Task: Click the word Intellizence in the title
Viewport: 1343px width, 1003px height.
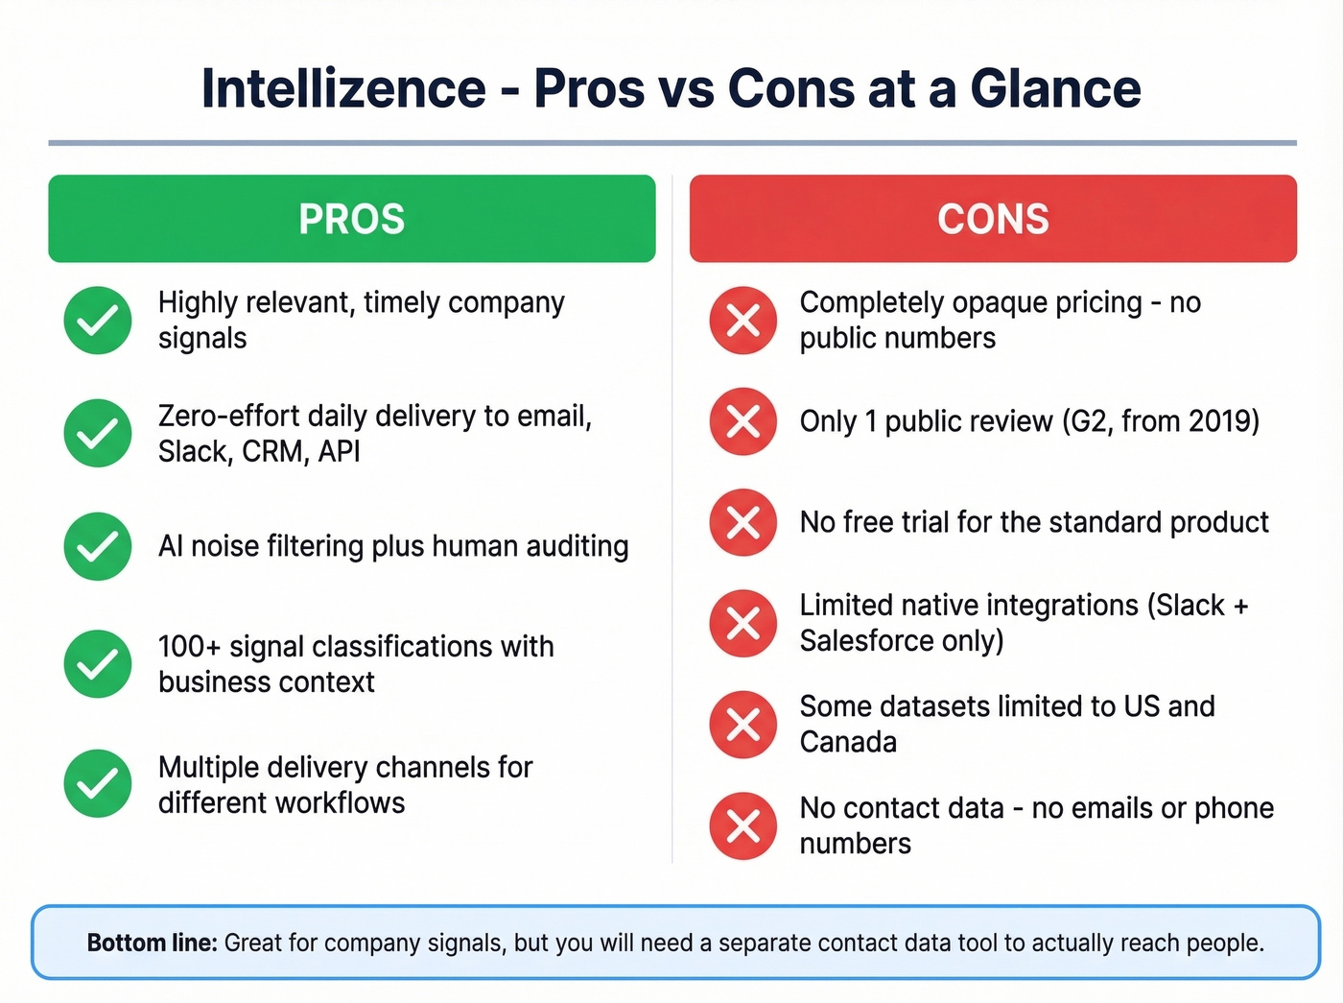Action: [x=343, y=89]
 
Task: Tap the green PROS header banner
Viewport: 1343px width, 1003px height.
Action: [x=352, y=219]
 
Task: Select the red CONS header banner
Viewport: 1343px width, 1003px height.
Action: [x=993, y=219]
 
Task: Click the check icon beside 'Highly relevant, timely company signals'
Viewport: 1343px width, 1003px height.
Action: [x=98, y=321]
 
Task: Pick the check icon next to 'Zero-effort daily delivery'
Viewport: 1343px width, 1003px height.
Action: [x=98, y=433]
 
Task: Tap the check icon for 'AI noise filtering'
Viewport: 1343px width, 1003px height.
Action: [x=98, y=546]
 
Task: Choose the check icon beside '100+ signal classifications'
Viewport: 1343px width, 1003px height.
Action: [x=98, y=663]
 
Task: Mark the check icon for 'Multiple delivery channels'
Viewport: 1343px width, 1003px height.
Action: [x=98, y=783]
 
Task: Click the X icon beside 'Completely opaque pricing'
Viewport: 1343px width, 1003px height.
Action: [x=743, y=321]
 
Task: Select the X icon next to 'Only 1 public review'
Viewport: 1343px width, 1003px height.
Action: [x=743, y=421]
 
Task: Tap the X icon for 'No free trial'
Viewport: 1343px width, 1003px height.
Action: [x=743, y=523]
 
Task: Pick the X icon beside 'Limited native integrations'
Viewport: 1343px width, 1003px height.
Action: [x=743, y=624]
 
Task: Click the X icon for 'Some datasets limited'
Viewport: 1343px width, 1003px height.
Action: [x=743, y=725]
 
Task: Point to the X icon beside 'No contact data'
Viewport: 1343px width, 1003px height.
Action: [x=743, y=825]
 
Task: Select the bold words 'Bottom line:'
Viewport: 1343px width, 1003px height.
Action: [x=153, y=943]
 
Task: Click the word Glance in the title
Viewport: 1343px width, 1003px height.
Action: [x=1055, y=89]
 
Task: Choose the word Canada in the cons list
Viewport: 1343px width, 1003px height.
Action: [x=848, y=742]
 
